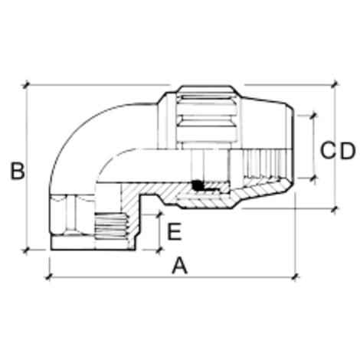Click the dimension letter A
tap(180, 266)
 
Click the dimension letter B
tap(18, 171)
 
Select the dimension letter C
tap(327, 151)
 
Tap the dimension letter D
tap(348, 151)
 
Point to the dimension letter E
tap(174, 231)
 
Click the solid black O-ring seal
tap(198, 185)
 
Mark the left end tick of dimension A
tap(48, 277)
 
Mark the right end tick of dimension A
tap(296, 277)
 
